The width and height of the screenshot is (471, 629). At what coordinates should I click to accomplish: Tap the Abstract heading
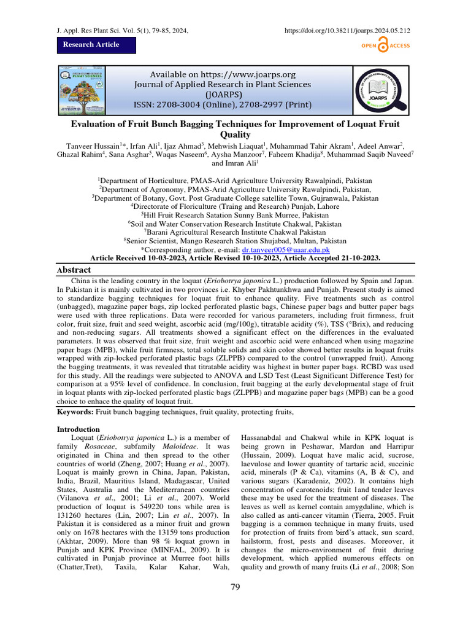74,270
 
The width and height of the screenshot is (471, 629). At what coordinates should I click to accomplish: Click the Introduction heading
78,429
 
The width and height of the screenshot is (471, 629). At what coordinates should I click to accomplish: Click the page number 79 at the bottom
235,588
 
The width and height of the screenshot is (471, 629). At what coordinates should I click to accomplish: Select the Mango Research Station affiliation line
235,241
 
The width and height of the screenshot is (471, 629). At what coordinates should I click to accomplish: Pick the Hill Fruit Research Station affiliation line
235,216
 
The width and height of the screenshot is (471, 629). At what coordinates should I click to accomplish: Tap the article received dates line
235,259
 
